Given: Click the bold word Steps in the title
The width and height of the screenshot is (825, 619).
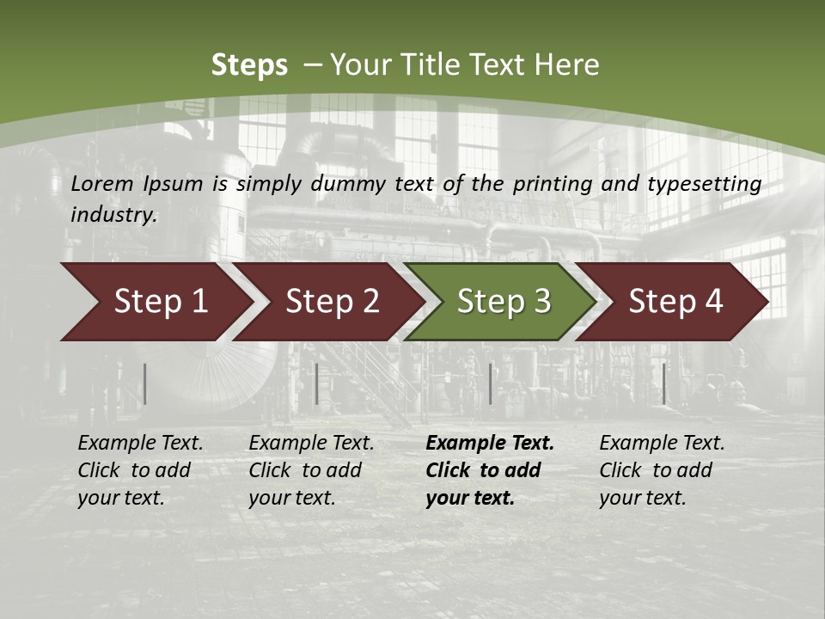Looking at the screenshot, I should (x=249, y=64).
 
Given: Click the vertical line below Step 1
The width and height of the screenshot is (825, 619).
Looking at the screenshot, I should (x=145, y=383).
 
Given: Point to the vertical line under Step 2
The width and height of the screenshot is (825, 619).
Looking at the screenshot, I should (x=317, y=383).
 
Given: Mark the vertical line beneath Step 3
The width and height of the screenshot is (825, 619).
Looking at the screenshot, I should (x=490, y=383).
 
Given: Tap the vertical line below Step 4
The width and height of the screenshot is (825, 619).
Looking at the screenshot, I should (x=663, y=383).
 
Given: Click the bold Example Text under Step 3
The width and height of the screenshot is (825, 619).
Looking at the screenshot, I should (x=489, y=470).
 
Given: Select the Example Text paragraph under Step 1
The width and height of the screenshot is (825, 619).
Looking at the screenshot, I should (x=140, y=470).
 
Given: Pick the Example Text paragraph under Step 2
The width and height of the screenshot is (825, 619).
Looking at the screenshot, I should (x=311, y=470).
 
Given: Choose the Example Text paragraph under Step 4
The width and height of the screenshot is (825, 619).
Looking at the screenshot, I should (x=662, y=470).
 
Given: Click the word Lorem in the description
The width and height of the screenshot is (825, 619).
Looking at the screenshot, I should (x=102, y=183).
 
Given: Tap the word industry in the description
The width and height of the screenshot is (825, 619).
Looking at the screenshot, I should (x=113, y=214).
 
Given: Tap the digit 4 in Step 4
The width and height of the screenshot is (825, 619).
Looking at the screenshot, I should (x=713, y=302).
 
